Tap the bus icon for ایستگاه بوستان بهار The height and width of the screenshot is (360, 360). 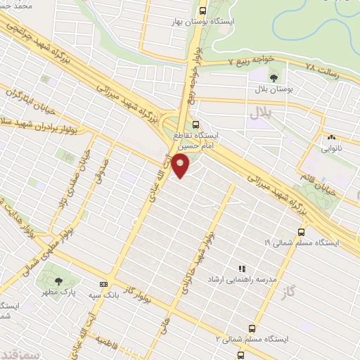point(203,11)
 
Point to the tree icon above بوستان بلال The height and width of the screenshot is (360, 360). point(273,77)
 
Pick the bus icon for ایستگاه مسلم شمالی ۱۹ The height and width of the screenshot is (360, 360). point(302,231)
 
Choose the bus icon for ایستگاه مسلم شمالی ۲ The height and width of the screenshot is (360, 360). point(252,328)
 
